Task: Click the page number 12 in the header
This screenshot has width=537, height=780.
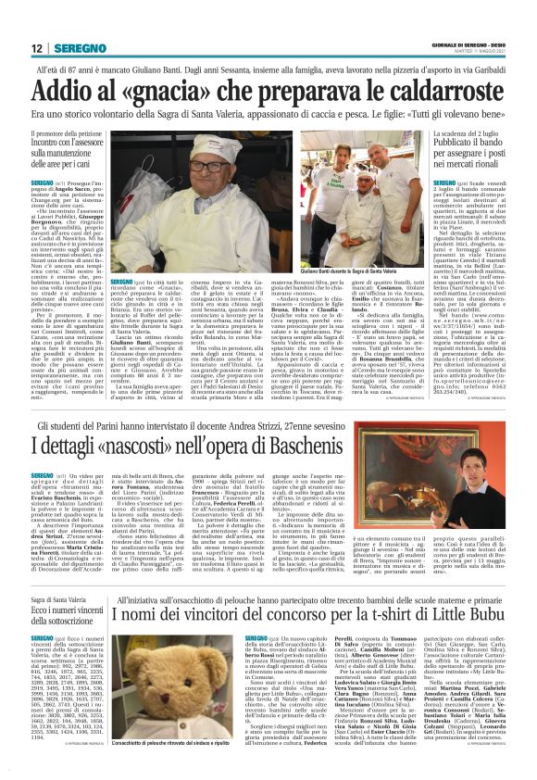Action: tap(36, 48)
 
